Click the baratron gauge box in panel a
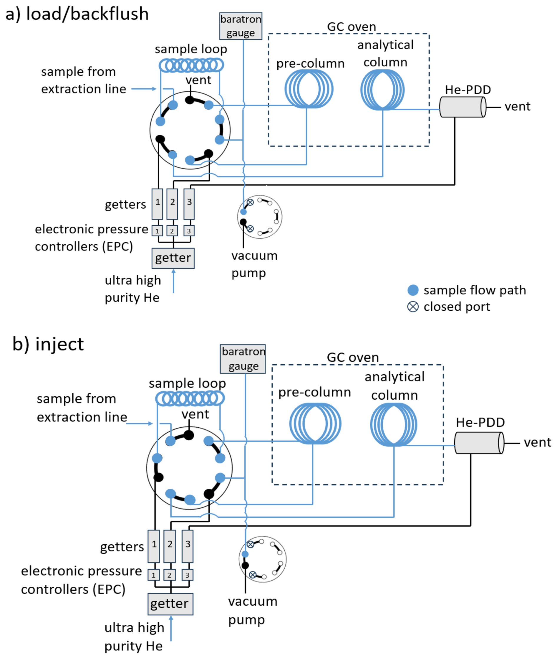(241, 26)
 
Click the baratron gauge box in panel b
(243, 359)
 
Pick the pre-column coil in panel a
(309, 89)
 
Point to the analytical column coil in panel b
(393, 424)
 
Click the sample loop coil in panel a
(191, 65)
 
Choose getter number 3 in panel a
(189, 204)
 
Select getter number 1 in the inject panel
(154, 546)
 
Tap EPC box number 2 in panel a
(172, 231)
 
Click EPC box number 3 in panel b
(187, 575)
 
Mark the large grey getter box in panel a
(173, 258)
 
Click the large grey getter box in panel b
(170, 604)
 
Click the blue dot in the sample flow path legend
(413, 290)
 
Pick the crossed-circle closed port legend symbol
(413, 307)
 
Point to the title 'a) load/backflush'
(77, 14)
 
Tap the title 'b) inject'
(48, 344)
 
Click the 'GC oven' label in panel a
(352, 27)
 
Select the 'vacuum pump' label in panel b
(253, 611)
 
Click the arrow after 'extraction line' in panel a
(144, 89)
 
